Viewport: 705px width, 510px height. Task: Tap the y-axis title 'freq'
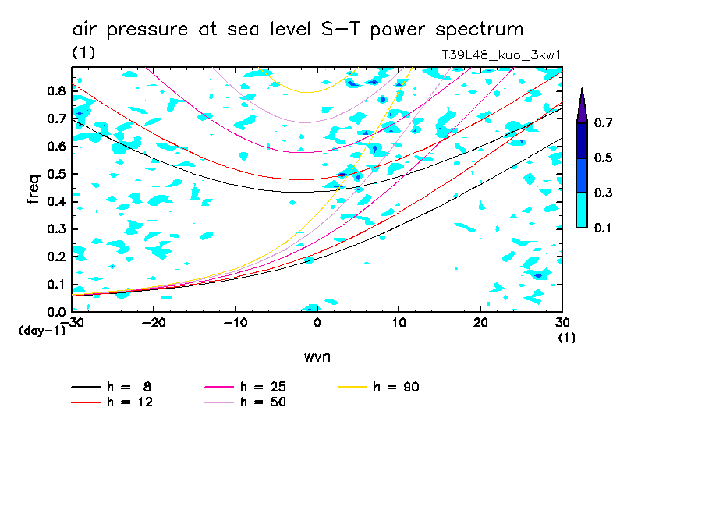(x=34, y=189)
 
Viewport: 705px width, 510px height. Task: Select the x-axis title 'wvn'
(x=317, y=357)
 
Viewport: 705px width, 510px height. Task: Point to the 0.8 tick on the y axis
(x=57, y=90)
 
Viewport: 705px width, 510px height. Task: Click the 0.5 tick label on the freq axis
(x=57, y=174)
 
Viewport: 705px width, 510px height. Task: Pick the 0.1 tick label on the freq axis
(x=57, y=285)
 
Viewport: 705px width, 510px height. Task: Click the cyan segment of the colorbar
(x=582, y=210)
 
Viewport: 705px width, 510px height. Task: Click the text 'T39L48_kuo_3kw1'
(x=501, y=55)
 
